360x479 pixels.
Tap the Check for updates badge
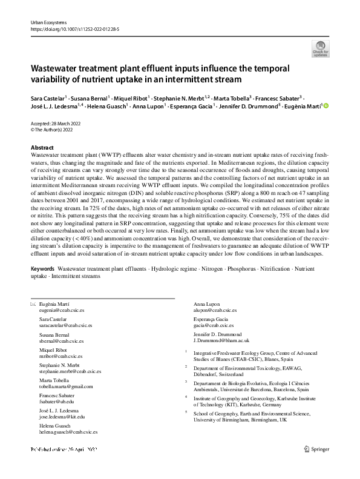[x=319, y=49]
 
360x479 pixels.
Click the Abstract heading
[x=42, y=148]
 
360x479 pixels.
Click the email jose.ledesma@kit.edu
[x=57, y=417]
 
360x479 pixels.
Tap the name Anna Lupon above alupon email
[x=207, y=303]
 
